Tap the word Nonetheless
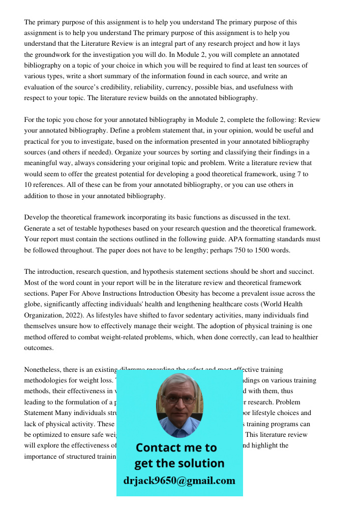(x=45, y=370)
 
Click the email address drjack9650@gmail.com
(x=179, y=481)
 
